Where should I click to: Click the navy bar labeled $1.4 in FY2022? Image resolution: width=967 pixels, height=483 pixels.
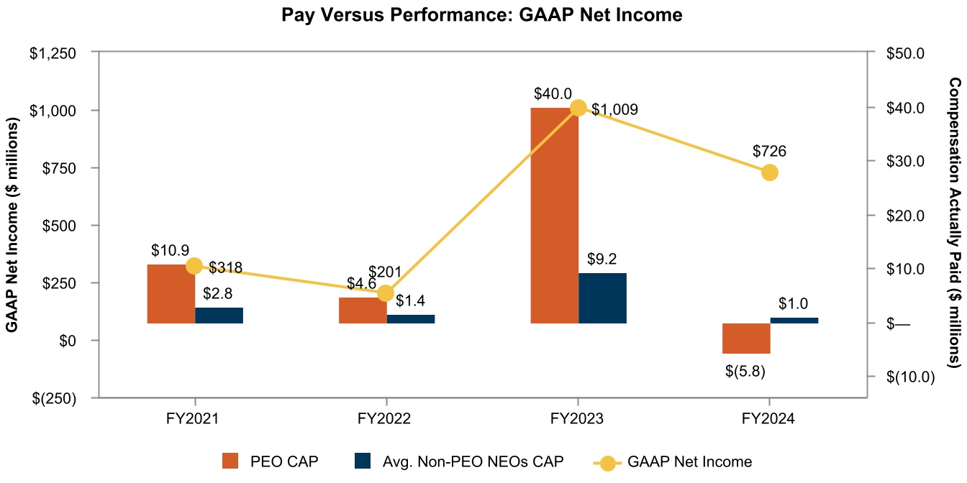click(411, 319)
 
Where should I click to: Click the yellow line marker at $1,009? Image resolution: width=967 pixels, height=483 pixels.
click(578, 108)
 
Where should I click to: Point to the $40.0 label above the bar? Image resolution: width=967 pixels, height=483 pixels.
click(553, 94)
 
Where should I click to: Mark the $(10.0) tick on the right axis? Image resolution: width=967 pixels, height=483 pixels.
click(909, 377)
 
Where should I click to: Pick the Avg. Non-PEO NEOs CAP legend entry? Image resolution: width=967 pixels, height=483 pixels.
click(458, 461)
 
